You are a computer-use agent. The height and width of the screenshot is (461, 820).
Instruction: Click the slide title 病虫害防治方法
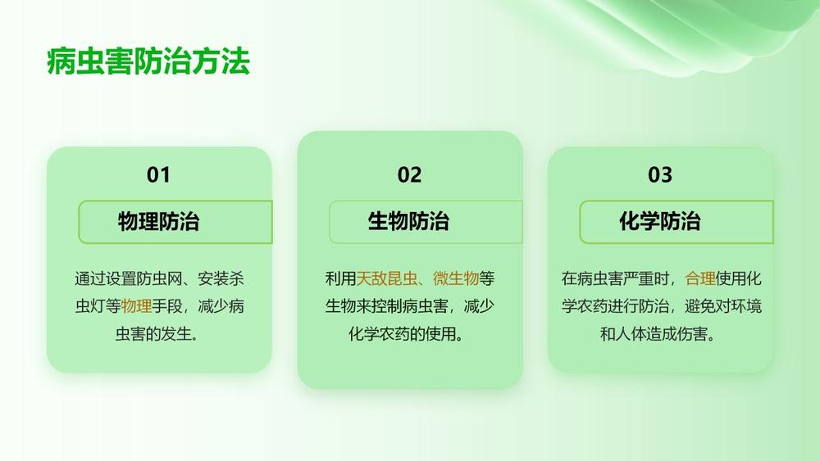click(148, 61)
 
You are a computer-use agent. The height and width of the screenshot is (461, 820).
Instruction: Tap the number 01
click(158, 174)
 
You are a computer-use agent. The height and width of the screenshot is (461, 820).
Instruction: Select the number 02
click(409, 174)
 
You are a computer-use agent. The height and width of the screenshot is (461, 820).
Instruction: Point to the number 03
click(660, 174)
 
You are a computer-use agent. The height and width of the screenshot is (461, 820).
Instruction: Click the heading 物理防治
click(158, 221)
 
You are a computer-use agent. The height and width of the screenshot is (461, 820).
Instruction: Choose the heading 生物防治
click(408, 221)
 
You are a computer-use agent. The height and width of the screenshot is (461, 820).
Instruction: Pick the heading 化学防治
click(660, 221)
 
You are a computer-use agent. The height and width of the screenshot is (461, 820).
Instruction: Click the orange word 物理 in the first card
click(136, 306)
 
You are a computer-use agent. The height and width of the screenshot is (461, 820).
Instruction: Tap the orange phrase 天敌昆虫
click(387, 278)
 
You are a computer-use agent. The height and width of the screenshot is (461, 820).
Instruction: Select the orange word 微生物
click(456, 278)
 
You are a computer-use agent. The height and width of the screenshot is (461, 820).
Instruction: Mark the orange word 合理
click(700, 278)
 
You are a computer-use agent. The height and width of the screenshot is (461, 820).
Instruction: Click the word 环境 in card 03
click(746, 306)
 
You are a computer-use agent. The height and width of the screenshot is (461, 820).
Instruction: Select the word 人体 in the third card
click(631, 333)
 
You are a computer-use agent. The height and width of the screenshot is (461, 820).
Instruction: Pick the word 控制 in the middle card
click(402, 306)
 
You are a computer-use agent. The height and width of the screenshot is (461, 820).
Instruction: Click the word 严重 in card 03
click(639, 278)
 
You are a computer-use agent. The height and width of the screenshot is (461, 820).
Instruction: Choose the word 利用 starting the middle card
click(340, 278)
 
